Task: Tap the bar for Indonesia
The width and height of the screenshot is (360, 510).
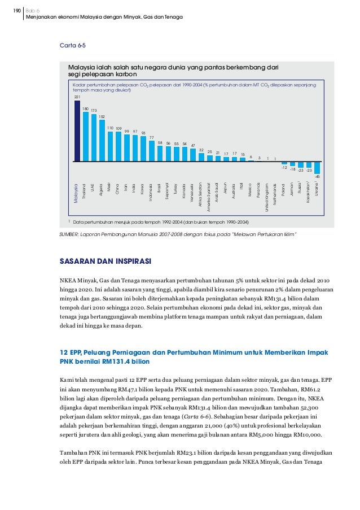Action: pos(152,151)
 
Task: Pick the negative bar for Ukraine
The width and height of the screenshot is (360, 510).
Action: pos(317,168)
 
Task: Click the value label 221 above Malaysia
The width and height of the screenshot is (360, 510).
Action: pos(77,98)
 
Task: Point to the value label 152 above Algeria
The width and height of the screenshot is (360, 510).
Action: pos(102,116)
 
